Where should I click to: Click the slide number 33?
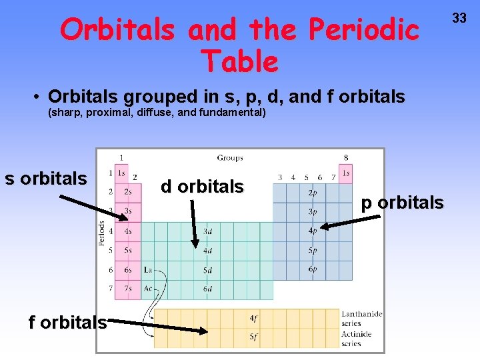click(460, 18)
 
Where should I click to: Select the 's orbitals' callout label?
click(46, 179)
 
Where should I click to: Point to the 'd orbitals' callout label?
click(202, 187)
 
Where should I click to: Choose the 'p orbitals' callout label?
click(402, 203)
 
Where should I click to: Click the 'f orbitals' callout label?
click(67, 323)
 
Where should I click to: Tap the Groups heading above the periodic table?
click(230, 158)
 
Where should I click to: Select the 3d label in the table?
click(207, 231)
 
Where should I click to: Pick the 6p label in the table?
click(313, 269)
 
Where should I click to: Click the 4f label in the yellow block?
click(254, 319)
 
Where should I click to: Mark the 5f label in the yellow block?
click(254, 337)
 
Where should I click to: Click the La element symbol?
click(148, 270)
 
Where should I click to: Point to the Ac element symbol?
click(148, 289)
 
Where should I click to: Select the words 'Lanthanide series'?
click(361, 319)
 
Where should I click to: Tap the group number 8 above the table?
click(345, 158)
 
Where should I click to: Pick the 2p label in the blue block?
click(313, 193)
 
